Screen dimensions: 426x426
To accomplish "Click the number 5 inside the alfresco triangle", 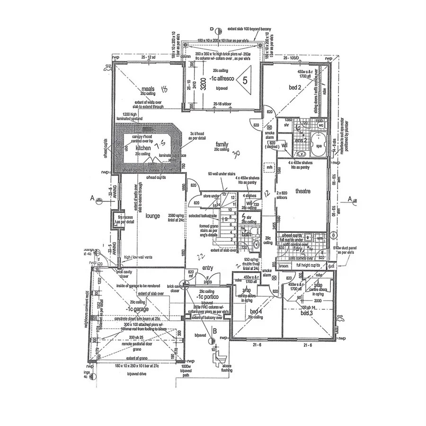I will [x=244, y=80].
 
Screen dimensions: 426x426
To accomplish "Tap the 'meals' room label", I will [x=149, y=89].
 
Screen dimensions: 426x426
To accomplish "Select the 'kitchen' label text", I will [x=143, y=148].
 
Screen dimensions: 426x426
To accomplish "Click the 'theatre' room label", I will [x=302, y=191].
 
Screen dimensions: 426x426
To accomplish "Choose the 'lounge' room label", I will [x=152, y=216].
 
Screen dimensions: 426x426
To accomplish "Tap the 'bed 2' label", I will [x=295, y=88].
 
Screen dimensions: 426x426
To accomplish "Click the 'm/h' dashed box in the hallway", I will [x=269, y=167].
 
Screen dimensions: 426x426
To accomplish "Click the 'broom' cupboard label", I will [x=284, y=266].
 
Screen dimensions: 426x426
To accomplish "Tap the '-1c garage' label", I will [x=137, y=309].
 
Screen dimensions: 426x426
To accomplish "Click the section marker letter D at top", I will [x=212, y=29].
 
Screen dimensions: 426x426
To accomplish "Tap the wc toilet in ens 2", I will [x=319, y=126].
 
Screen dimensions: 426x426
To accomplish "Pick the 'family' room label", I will [x=222, y=144].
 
